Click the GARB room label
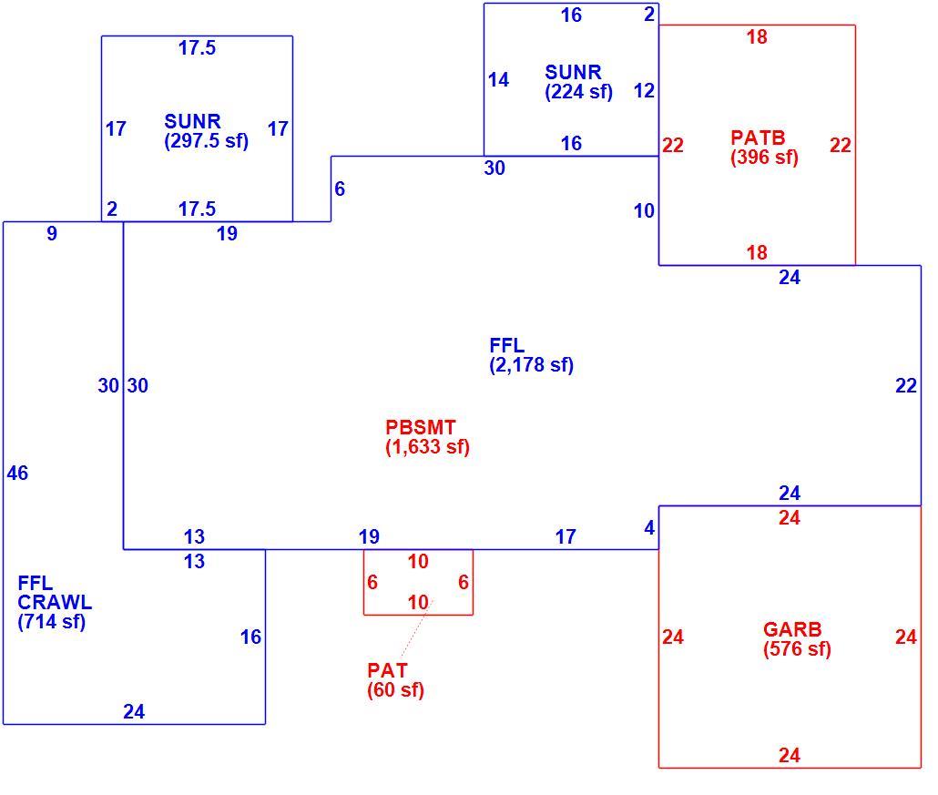[x=792, y=629]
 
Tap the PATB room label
[x=758, y=138]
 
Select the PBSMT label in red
[x=421, y=427]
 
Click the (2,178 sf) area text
[x=531, y=365]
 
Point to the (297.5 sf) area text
[x=207, y=140]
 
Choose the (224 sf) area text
[x=578, y=92]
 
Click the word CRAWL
[x=55, y=602]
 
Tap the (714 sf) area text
[x=51, y=622]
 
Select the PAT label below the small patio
[x=387, y=670]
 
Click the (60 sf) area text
[x=395, y=689]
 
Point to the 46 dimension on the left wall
[x=17, y=474]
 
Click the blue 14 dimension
[x=498, y=79]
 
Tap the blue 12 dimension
[x=644, y=91]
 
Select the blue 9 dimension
[x=52, y=233]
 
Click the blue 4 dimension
[x=649, y=528]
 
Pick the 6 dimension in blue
[x=340, y=189]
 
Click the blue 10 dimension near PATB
[x=644, y=210]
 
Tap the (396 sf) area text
[x=765, y=158]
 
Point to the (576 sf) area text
[x=797, y=649]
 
